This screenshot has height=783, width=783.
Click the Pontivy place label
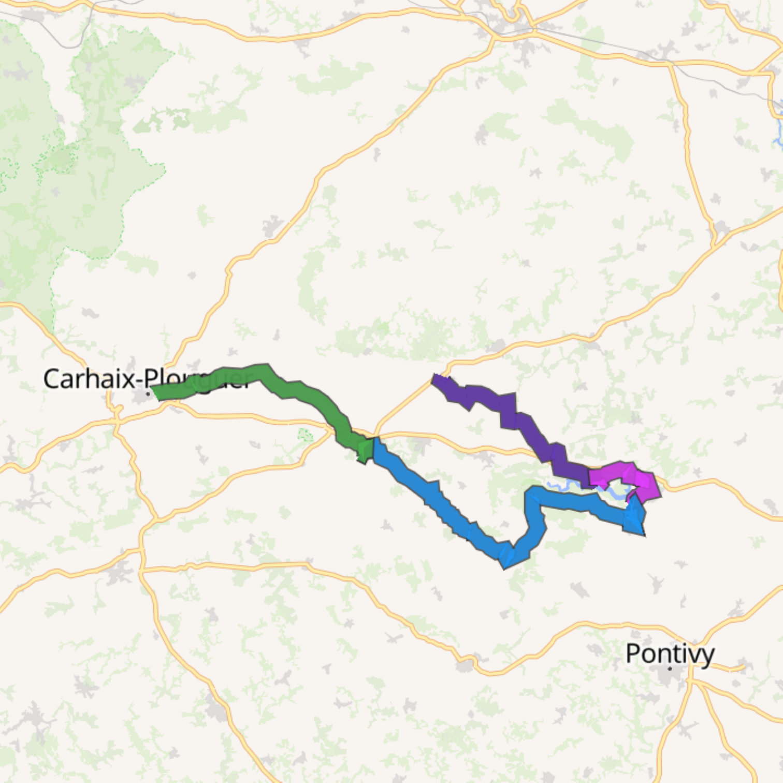[670, 654]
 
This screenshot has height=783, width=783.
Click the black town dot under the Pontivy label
[670, 669]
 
